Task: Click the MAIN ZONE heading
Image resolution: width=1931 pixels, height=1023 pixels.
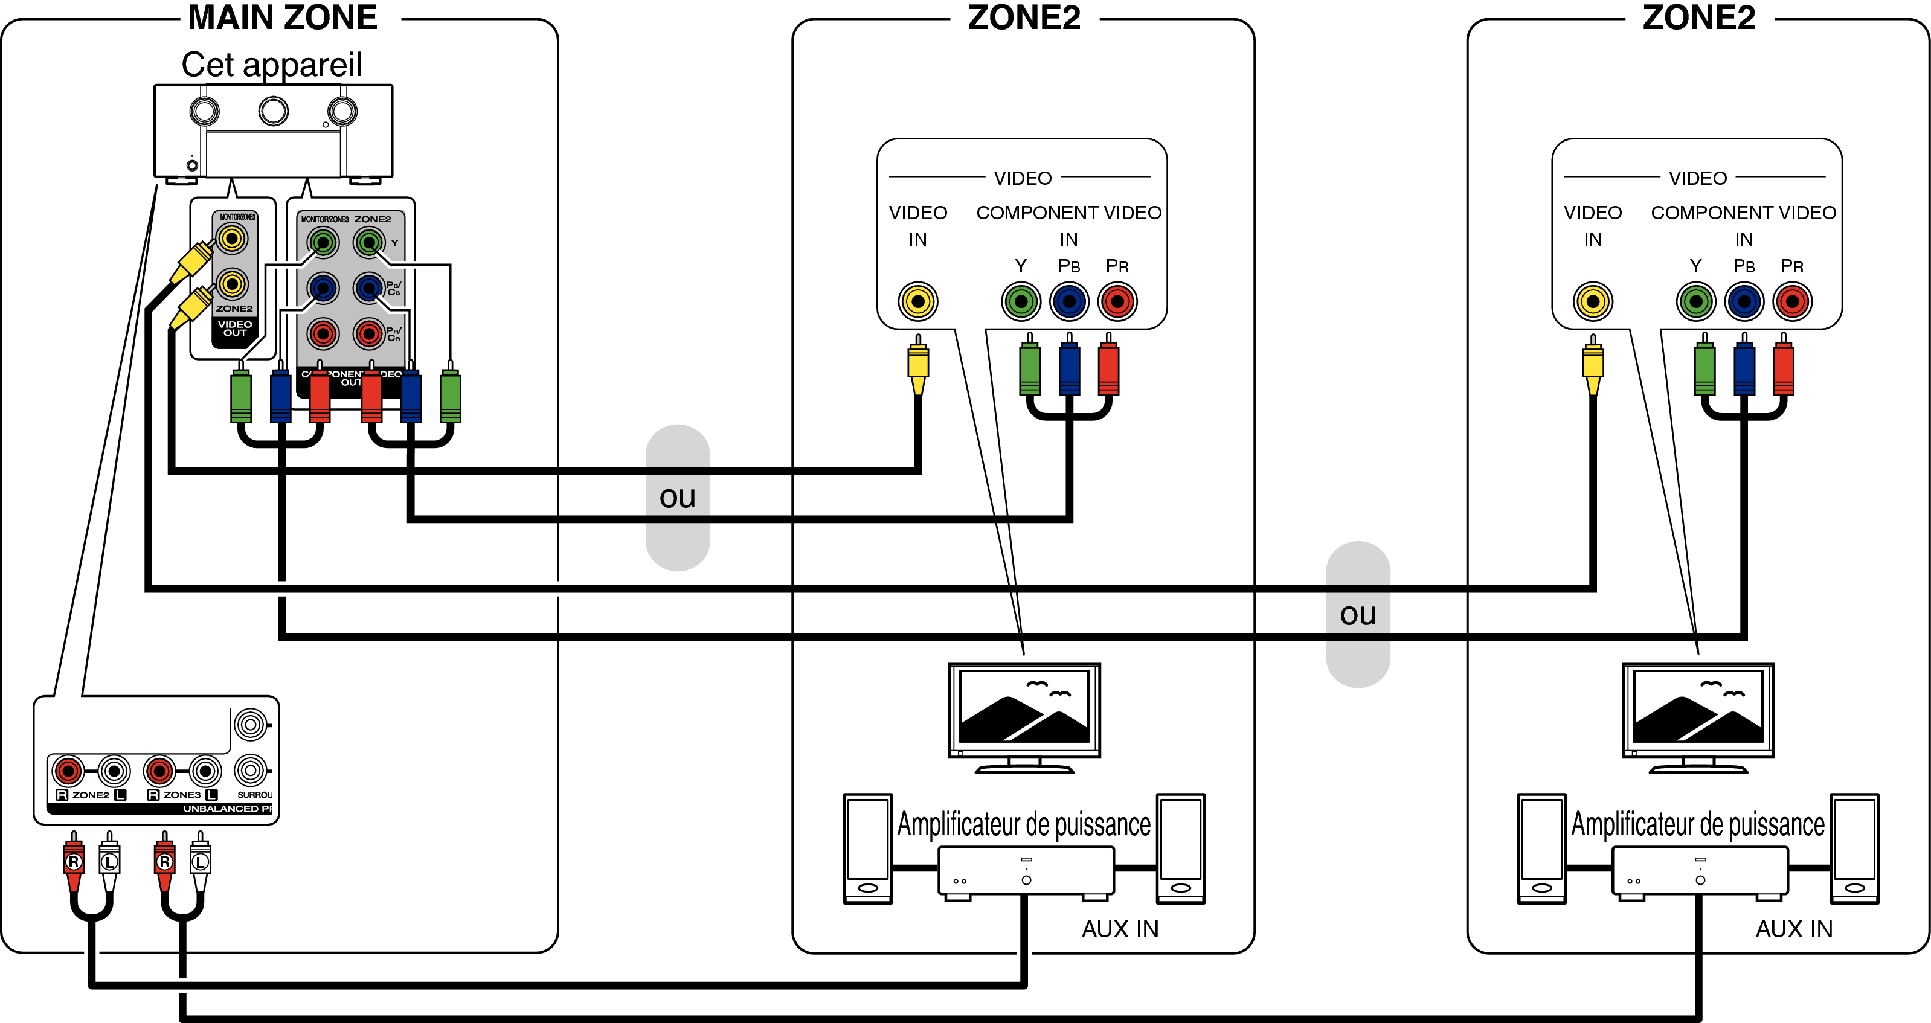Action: click(282, 18)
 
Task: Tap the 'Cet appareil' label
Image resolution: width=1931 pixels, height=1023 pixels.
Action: click(271, 65)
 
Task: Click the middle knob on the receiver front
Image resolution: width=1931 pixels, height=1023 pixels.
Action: click(273, 112)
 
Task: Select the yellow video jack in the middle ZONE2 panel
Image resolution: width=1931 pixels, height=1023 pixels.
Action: click(917, 301)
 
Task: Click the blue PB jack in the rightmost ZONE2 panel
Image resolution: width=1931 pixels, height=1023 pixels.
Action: click(1744, 301)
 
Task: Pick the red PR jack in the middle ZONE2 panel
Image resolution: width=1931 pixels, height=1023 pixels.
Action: click(1117, 301)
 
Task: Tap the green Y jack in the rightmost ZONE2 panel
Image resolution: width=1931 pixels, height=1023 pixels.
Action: click(1695, 301)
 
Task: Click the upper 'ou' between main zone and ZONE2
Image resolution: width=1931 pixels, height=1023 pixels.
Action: click(678, 497)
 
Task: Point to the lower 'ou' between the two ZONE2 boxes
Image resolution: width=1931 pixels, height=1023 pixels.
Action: click(1358, 615)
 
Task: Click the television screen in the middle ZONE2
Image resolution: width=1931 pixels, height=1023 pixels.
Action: click(1024, 708)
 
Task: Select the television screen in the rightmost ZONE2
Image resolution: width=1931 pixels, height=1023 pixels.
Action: click(1698, 708)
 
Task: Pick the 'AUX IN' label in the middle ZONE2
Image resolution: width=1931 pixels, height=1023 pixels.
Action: click(1120, 929)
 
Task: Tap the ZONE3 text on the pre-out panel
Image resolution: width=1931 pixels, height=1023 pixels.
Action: click(182, 794)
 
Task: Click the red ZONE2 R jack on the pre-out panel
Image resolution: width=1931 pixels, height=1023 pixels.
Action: click(68, 771)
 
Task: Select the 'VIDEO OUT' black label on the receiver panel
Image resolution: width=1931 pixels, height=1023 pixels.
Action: click(234, 329)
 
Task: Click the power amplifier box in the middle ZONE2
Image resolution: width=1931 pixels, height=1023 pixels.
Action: click(1026, 871)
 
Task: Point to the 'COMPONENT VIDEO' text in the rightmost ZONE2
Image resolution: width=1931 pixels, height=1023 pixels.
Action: click(1744, 213)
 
